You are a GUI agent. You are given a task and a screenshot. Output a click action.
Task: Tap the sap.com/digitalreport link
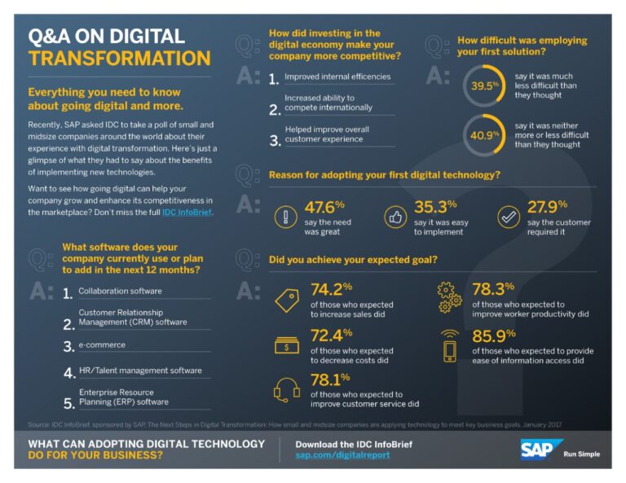342,455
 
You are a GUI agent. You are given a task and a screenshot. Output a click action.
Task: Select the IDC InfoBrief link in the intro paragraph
187,213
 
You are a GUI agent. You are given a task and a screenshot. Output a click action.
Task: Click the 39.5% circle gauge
484,84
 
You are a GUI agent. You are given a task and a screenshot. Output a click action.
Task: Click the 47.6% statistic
324,208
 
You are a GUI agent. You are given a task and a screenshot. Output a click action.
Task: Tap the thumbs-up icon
395,216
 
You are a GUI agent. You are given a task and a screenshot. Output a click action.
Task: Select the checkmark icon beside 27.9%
508,216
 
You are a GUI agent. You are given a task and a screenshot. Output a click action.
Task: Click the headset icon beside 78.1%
287,390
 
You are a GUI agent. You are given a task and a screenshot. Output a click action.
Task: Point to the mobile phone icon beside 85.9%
451,345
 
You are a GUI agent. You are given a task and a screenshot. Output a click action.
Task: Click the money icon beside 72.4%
287,344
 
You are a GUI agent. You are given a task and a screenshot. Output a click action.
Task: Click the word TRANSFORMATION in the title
119,59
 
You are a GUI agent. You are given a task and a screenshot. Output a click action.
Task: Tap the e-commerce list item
102,345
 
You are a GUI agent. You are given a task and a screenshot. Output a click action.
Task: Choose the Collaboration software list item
120,292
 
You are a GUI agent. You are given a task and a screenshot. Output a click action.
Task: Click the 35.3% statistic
435,208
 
